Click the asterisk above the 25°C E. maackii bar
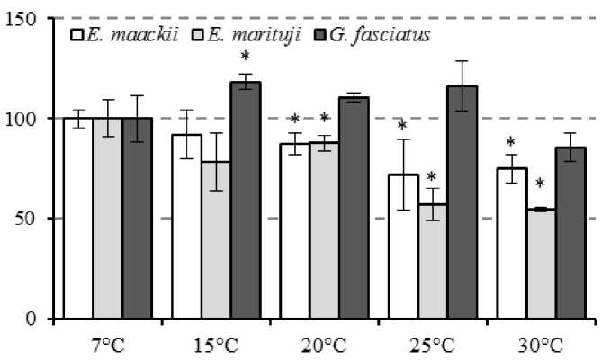point(402,126)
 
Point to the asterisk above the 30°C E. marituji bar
point(541,184)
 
